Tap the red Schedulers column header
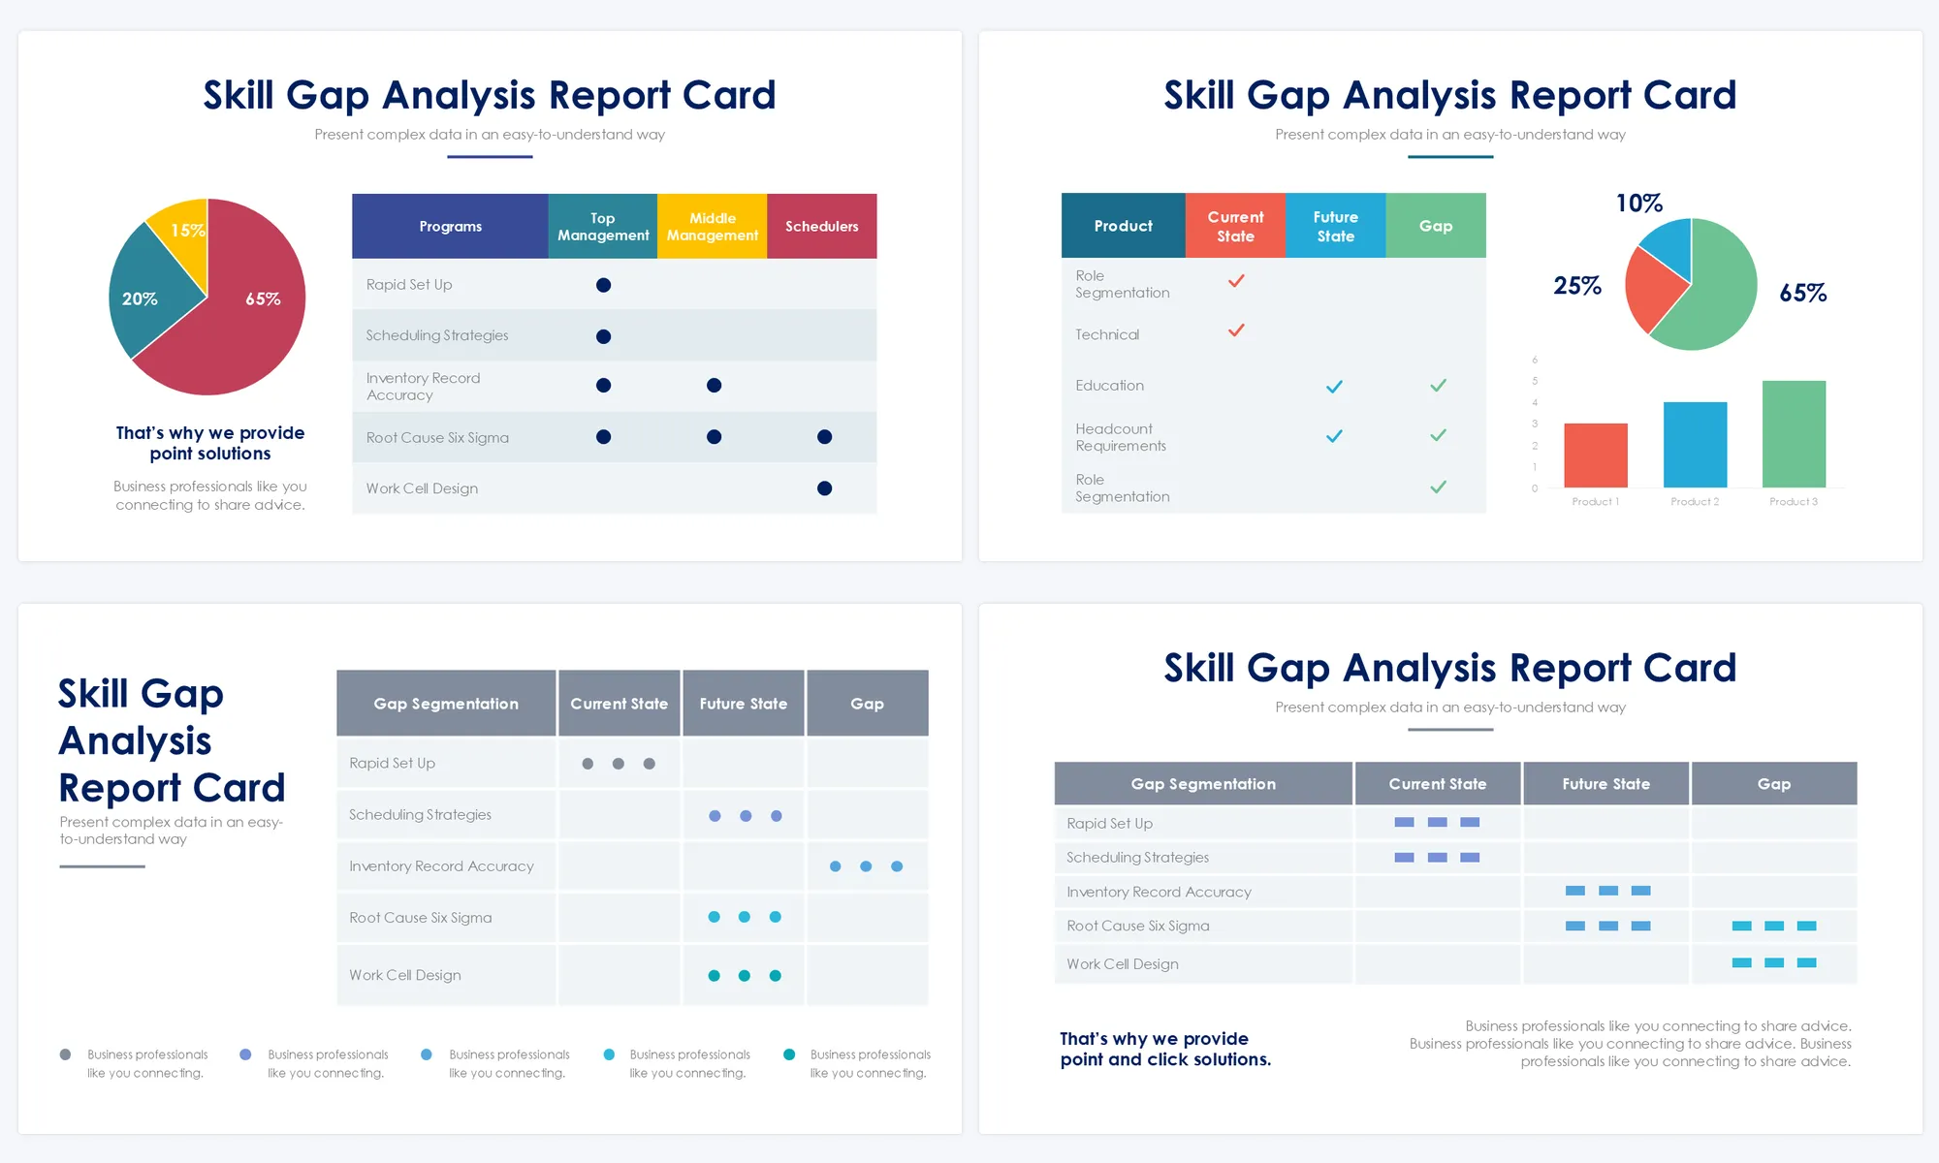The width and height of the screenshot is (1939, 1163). (x=821, y=226)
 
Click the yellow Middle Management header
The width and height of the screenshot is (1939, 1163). (x=712, y=226)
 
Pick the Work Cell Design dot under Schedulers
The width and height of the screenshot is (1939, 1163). (x=824, y=488)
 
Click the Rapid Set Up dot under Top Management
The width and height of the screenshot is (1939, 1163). (x=603, y=285)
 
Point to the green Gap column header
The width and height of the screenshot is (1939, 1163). (x=1435, y=226)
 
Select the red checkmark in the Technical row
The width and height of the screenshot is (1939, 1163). (x=1236, y=330)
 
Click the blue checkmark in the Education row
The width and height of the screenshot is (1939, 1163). (x=1334, y=387)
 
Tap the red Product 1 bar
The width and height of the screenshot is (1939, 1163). (x=1595, y=455)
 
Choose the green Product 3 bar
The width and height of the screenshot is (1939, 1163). (x=1793, y=433)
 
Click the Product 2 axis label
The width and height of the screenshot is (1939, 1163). (x=1694, y=502)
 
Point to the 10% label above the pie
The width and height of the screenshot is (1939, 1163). (x=1638, y=204)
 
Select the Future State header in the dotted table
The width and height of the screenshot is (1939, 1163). (x=743, y=704)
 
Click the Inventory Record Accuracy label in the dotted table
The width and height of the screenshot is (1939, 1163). (x=441, y=866)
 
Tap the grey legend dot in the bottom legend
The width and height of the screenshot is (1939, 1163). (x=65, y=1054)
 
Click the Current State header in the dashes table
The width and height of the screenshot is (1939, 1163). (x=1437, y=784)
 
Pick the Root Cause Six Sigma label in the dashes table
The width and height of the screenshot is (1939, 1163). (x=1137, y=926)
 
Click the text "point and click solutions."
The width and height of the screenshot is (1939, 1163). (x=1164, y=1060)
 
